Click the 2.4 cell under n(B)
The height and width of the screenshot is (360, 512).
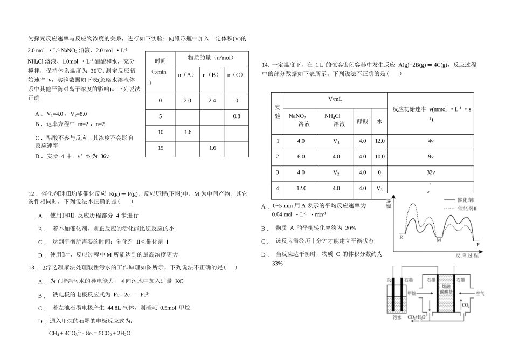pyautogui.click(x=212, y=101)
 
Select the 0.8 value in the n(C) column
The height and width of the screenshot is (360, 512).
pyautogui.click(x=237, y=116)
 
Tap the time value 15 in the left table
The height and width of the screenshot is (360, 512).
pyautogui.click(x=160, y=148)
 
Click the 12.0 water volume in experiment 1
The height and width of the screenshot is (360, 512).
pyautogui.click(x=379, y=141)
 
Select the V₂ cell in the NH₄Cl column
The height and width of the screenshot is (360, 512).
pyautogui.click(x=336, y=172)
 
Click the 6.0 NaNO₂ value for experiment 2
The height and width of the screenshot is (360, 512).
pyautogui.click(x=301, y=157)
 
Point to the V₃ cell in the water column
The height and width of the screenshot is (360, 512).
pyautogui.click(x=379, y=188)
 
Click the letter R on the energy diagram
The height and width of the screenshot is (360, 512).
pyautogui.click(x=401, y=237)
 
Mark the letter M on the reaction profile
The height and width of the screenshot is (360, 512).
pyautogui.click(x=438, y=240)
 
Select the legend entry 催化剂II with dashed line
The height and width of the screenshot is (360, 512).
pyautogui.click(x=467, y=209)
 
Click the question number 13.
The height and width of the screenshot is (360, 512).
pyautogui.click(x=31, y=267)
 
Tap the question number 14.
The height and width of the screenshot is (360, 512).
pyautogui.click(x=265, y=65)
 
